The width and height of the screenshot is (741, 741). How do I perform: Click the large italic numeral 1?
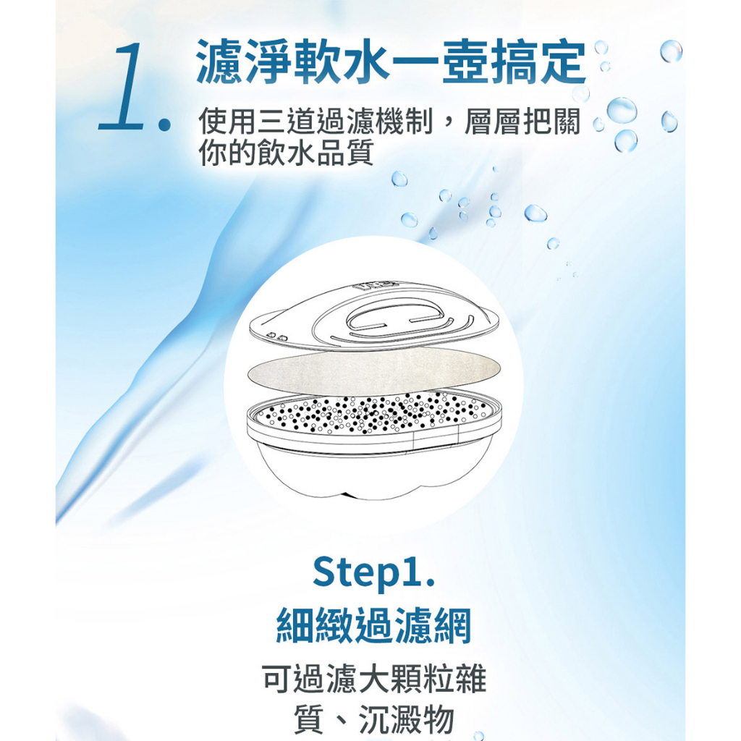pyautogui.click(x=122, y=86)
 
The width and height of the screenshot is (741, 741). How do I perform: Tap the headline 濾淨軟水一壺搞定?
pyautogui.click(x=391, y=62)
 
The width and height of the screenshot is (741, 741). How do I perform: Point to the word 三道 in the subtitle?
pyautogui.click(x=286, y=122)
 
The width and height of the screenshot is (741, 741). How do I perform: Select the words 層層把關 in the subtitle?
pyautogui.click(x=522, y=122)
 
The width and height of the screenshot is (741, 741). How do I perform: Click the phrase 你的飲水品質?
pyautogui.click(x=287, y=152)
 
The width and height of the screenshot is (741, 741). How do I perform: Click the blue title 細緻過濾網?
pyautogui.click(x=373, y=626)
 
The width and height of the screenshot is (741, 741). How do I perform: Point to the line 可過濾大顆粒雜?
pyautogui.click(x=374, y=679)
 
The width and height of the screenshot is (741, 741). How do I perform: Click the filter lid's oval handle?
pyautogui.click(x=395, y=317)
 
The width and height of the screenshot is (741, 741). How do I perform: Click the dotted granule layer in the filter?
pyautogui.click(x=373, y=412)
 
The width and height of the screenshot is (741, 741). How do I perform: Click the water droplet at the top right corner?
pyautogui.click(x=671, y=51)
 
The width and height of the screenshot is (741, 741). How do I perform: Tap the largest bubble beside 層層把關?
pyautogui.click(x=622, y=110)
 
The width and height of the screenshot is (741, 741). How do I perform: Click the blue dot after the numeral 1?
pyautogui.click(x=164, y=124)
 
